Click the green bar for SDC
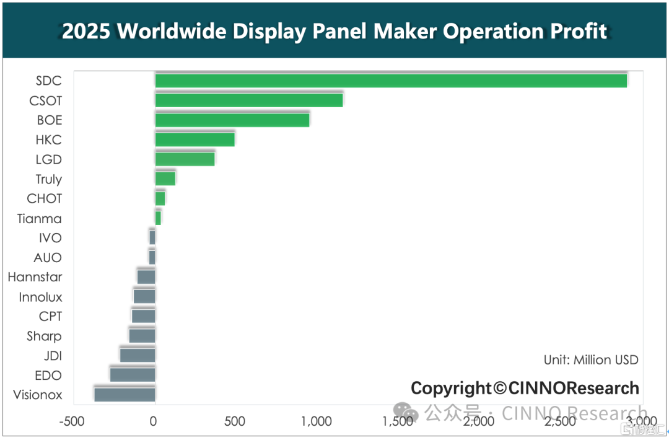coord(391,81)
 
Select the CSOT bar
coord(249,100)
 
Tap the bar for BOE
coord(232,120)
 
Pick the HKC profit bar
coord(195,139)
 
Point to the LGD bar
coord(185,159)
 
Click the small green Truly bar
coord(165,179)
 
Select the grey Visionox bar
coord(125,395)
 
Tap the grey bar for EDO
coord(133,375)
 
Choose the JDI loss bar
coord(138,356)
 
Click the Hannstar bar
coord(146,277)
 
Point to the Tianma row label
coord(39,219)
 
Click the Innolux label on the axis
coord(40,297)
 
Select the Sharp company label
coord(44,337)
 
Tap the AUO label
coord(48,258)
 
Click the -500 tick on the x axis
coord(72,421)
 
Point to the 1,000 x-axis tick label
coord(316,421)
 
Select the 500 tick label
coord(235,421)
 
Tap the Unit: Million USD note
coord(591,360)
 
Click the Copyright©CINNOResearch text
coord(525,389)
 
